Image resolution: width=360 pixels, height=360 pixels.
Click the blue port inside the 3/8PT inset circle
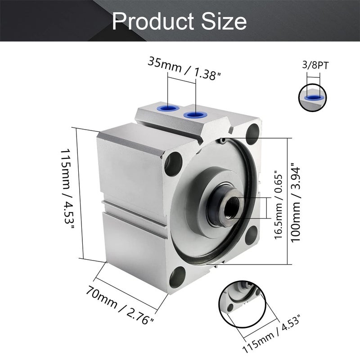pyautogui.click(x=313, y=97)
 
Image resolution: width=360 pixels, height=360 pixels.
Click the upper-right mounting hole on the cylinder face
pyautogui.click(x=254, y=133)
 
